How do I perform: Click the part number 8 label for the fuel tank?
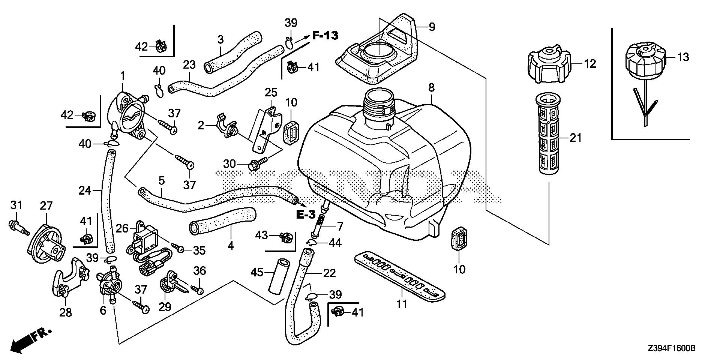click(431, 88)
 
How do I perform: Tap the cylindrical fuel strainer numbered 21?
click(549, 138)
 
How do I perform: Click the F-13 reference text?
click(325, 36)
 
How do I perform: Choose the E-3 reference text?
click(306, 215)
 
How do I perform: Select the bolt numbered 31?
click(18, 226)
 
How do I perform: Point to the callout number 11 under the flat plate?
click(402, 304)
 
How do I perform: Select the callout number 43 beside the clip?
click(261, 235)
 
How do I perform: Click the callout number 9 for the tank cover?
click(432, 27)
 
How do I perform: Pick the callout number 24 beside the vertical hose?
click(85, 191)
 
